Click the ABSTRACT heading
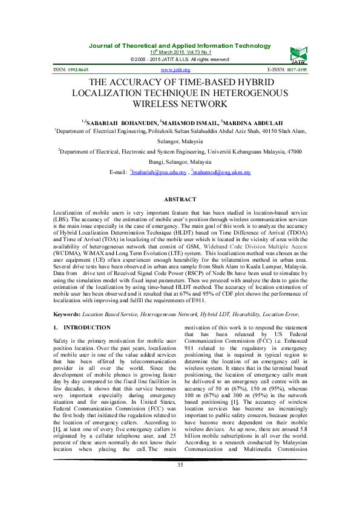(x=180, y=199)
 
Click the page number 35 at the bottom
(x=180, y=481)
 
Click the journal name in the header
(x=180, y=46)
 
